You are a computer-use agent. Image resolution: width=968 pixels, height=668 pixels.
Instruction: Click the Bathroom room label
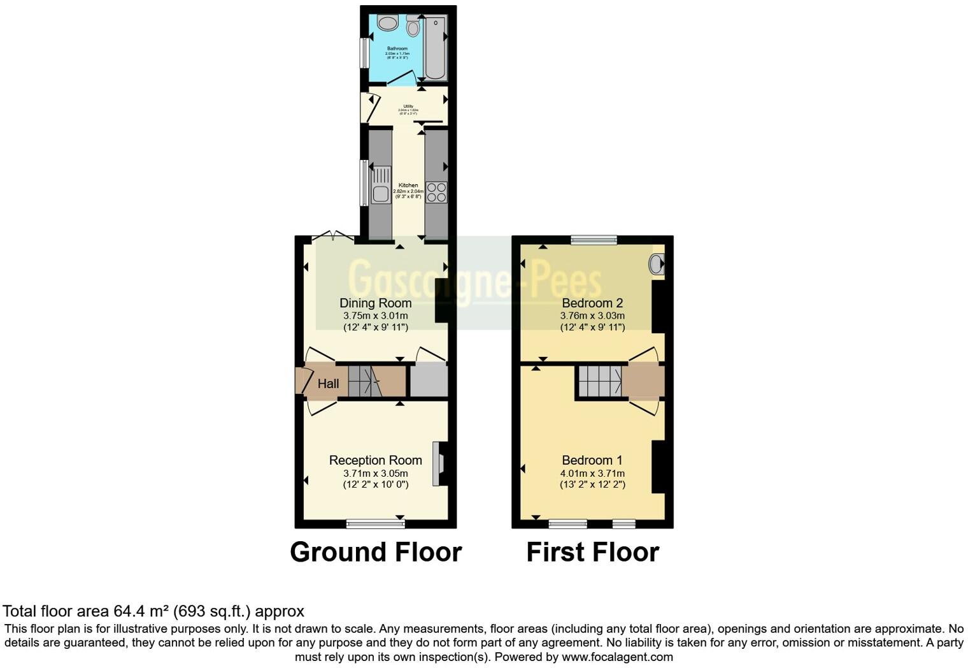(x=397, y=48)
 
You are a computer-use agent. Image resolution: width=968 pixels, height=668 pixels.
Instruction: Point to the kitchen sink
(x=380, y=185)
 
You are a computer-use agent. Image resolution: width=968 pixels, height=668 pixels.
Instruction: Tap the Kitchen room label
(x=408, y=185)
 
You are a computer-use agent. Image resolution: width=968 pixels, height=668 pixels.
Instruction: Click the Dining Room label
(x=375, y=303)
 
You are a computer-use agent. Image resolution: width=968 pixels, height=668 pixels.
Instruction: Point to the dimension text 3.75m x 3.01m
(x=375, y=316)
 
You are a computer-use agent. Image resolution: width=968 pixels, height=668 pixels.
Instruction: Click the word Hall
(x=329, y=384)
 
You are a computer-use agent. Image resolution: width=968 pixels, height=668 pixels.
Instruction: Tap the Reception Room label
(x=375, y=460)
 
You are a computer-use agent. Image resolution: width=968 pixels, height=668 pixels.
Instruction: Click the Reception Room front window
(x=376, y=524)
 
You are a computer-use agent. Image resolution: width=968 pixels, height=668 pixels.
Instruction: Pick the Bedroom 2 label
(x=592, y=303)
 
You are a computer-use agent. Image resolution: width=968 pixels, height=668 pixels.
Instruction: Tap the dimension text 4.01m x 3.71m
(x=592, y=474)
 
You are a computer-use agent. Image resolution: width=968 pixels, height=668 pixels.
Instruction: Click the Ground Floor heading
(x=376, y=552)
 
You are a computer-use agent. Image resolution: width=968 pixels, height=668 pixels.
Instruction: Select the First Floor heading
(x=592, y=552)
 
